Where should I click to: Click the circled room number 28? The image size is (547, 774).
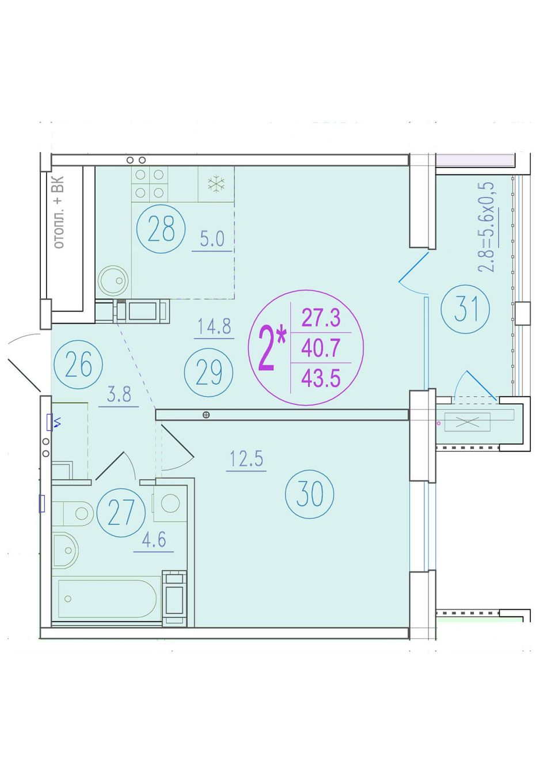click(x=161, y=229)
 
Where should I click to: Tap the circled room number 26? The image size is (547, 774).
click(x=78, y=364)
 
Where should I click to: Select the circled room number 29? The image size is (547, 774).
click(x=208, y=372)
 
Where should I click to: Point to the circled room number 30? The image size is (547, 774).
click(x=309, y=494)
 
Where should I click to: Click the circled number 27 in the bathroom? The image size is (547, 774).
click(x=121, y=513)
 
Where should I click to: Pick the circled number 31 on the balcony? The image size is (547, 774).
click(x=465, y=309)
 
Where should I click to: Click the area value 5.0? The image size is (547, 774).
click(x=212, y=239)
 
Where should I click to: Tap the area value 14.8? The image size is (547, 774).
click(x=214, y=326)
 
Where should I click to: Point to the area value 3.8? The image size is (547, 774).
click(x=119, y=394)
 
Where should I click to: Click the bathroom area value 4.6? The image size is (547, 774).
click(x=154, y=540)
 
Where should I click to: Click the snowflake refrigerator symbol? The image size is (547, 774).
click(x=216, y=184)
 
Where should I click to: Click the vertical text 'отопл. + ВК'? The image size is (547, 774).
click(x=59, y=212)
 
